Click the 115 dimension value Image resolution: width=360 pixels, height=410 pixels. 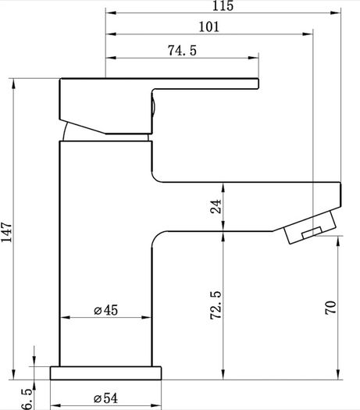pos(223,5)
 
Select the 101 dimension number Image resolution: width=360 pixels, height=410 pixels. pos(209,27)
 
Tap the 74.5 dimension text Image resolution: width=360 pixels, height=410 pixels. pos(182,51)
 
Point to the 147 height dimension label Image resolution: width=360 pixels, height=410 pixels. pos(6,232)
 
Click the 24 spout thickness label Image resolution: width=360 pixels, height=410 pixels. pos(216,207)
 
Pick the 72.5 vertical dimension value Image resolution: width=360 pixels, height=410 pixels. pos(216,305)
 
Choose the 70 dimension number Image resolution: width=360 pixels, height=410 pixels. pos(330,308)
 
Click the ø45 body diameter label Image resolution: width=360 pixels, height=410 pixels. pos(106,310)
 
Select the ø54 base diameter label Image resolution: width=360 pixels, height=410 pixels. pos(105,398)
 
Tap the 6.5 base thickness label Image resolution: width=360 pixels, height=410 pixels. pos(27,399)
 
